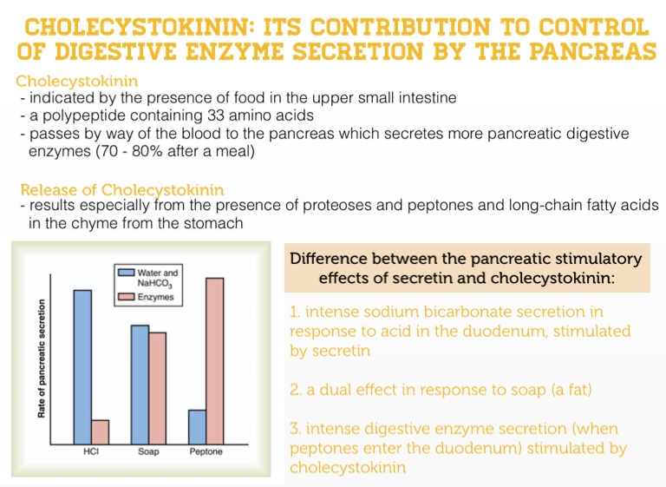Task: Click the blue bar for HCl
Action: pos(82,367)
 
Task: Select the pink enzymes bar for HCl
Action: pos(101,432)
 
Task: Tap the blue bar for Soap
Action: pos(140,385)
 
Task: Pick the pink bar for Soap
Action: pos(158,388)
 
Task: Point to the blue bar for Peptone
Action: pos(197,427)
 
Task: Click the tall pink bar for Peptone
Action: pos(215,361)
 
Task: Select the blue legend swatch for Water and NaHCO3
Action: pos(126,273)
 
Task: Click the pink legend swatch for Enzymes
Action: pos(126,296)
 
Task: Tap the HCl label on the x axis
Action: pos(91,451)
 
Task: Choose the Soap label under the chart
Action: pos(148,451)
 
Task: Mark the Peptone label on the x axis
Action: pos(206,451)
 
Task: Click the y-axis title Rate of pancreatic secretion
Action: pos(42,359)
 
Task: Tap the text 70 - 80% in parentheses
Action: pos(129,151)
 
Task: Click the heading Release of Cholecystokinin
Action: pos(122,190)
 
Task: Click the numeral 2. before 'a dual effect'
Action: pos(296,390)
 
